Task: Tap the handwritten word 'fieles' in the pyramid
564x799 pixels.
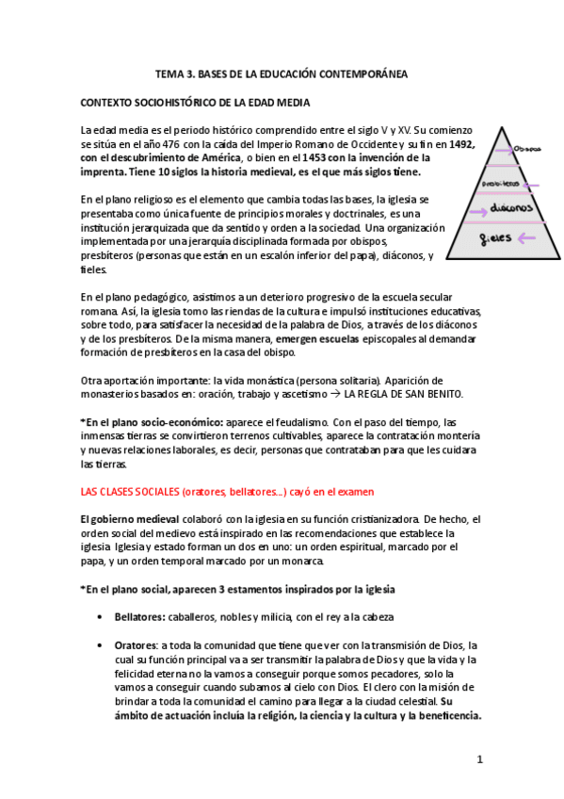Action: coord(495,237)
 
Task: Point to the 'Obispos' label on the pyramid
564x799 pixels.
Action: coord(528,148)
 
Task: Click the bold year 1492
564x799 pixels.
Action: coord(461,143)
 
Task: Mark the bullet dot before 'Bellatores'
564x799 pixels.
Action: coord(101,617)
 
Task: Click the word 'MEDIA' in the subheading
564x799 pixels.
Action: coord(290,101)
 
